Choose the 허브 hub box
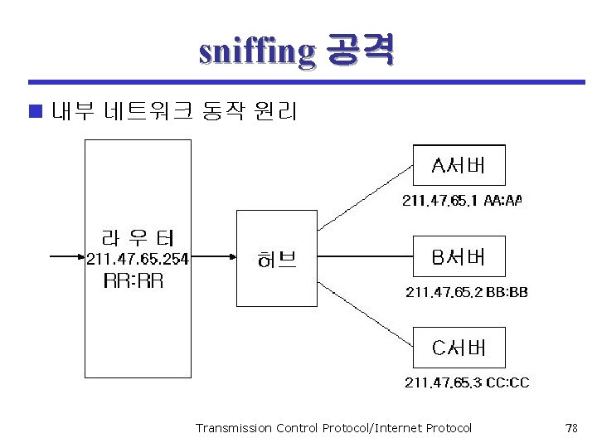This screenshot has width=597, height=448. click(x=277, y=258)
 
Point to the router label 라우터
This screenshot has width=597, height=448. click(x=137, y=236)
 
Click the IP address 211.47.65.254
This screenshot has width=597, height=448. click(x=138, y=259)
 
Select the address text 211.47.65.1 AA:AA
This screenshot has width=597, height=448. click(x=463, y=200)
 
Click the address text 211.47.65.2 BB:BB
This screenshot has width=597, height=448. click(x=467, y=291)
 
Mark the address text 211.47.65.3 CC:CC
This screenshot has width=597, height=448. click(x=467, y=382)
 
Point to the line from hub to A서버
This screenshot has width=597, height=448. click(x=365, y=196)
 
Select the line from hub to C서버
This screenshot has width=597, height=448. click(x=365, y=319)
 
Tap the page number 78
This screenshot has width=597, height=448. click(x=570, y=428)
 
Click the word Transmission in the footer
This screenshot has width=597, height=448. click(x=226, y=428)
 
